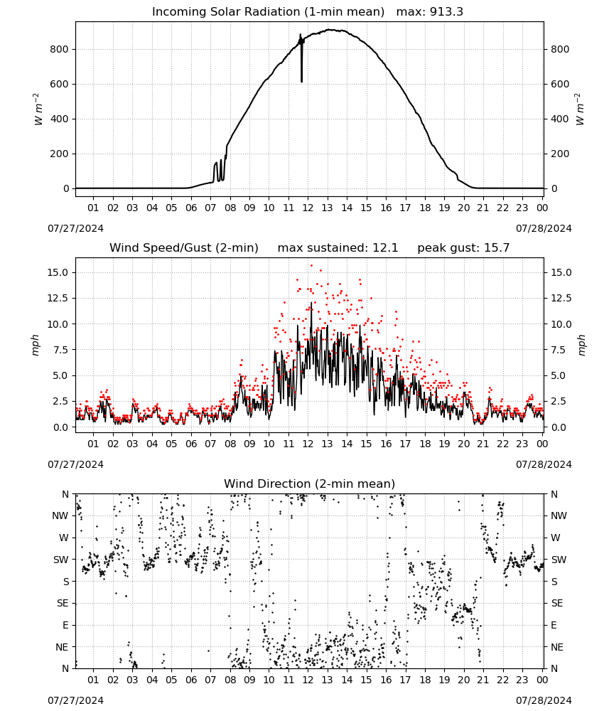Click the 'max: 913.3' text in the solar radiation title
tap(430, 12)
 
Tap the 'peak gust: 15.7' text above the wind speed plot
tap(463, 248)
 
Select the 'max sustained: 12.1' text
tap(338, 248)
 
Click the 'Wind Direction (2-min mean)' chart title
tap(310, 483)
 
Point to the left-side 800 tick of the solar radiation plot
tap(60, 49)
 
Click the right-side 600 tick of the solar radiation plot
tap(560, 84)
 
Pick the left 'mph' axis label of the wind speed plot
tap(36, 345)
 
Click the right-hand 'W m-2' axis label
tap(580, 109)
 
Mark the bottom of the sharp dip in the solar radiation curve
tap(302, 82)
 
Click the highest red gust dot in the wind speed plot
tap(311, 265)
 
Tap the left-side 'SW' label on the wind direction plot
tap(61, 560)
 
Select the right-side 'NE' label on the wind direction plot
tap(557, 647)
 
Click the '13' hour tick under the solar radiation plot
tap(327, 208)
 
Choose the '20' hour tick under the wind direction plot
tap(463, 680)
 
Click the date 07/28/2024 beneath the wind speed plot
tap(544, 464)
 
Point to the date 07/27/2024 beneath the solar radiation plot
tap(75, 228)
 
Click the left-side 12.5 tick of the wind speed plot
tap(58, 298)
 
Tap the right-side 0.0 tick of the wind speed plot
tap(559, 427)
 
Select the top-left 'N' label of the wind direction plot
tap(65, 494)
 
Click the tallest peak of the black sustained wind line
tap(311, 303)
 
